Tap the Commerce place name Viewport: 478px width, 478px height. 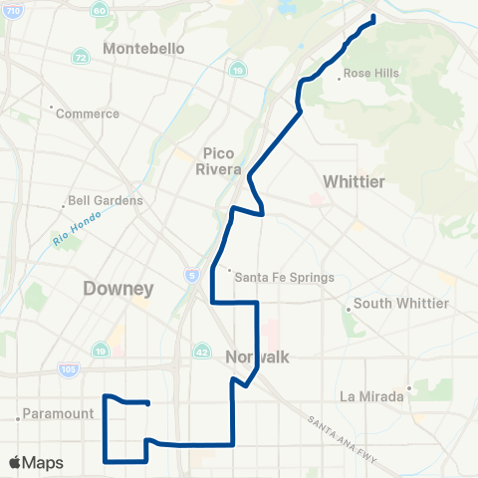[88, 114]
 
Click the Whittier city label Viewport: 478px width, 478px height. [354, 180]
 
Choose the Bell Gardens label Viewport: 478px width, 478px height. [106, 200]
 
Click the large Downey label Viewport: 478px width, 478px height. [119, 289]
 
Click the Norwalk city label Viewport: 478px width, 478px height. [257, 358]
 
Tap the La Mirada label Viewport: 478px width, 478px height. [371, 395]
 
